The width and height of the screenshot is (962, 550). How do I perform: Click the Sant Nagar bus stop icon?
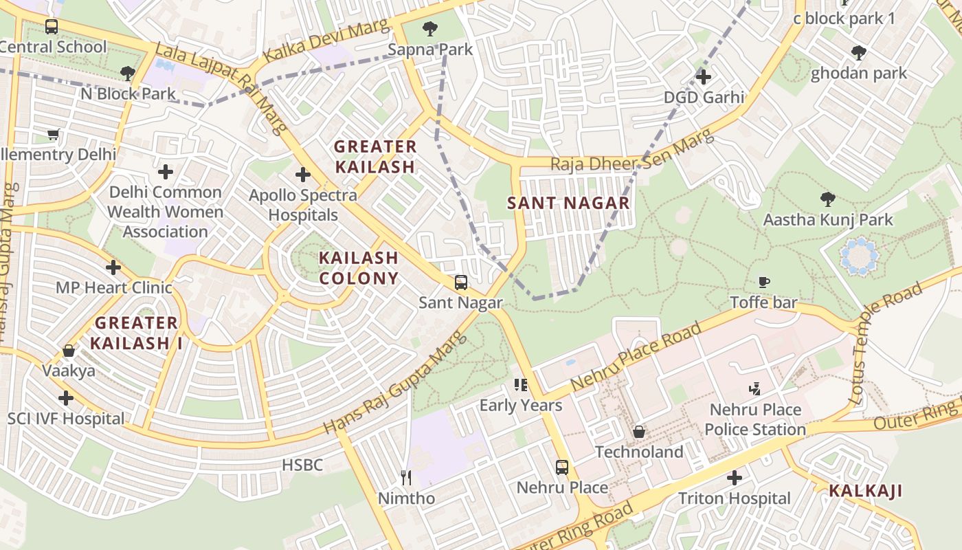pyautogui.click(x=460, y=282)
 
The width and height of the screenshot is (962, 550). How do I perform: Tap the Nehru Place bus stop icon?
pyautogui.click(x=562, y=467)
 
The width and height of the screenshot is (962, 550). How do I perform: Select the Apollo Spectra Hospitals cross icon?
pyautogui.click(x=302, y=175)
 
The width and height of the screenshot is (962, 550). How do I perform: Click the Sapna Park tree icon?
pyautogui.click(x=430, y=29)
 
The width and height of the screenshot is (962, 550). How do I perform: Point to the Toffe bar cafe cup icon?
pyautogui.click(x=763, y=282)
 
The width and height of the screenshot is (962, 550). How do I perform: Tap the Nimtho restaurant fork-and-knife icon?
pyautogui.click(x=406, y=477)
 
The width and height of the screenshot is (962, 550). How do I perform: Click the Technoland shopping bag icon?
pyautogui.click(x=639, y=432)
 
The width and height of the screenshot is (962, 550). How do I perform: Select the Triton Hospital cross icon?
pyautogui.click(x=735, y=477)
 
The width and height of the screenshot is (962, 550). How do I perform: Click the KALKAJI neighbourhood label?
pyautogui.click(x=864, y=491)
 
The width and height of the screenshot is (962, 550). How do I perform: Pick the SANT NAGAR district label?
pyautogui.click(x=568, y=203)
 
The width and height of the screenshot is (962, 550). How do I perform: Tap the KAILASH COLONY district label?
pyautogui.click(x=359, y=268)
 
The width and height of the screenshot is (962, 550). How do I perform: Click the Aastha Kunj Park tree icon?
pyautogui.click(x=828, y=199)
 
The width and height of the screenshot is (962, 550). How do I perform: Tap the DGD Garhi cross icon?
pyautogui.click(x=703, y=76)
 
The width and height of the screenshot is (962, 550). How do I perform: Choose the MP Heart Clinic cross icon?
pyautogui.click(x=113, y=267)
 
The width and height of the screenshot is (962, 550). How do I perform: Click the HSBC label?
pyautogui.click(x=302, y=465)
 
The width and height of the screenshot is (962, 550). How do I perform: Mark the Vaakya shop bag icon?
pyautogui.click(x=69, y=351)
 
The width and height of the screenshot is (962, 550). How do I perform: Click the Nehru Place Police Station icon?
pyautogui.click(x=755, y=389)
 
